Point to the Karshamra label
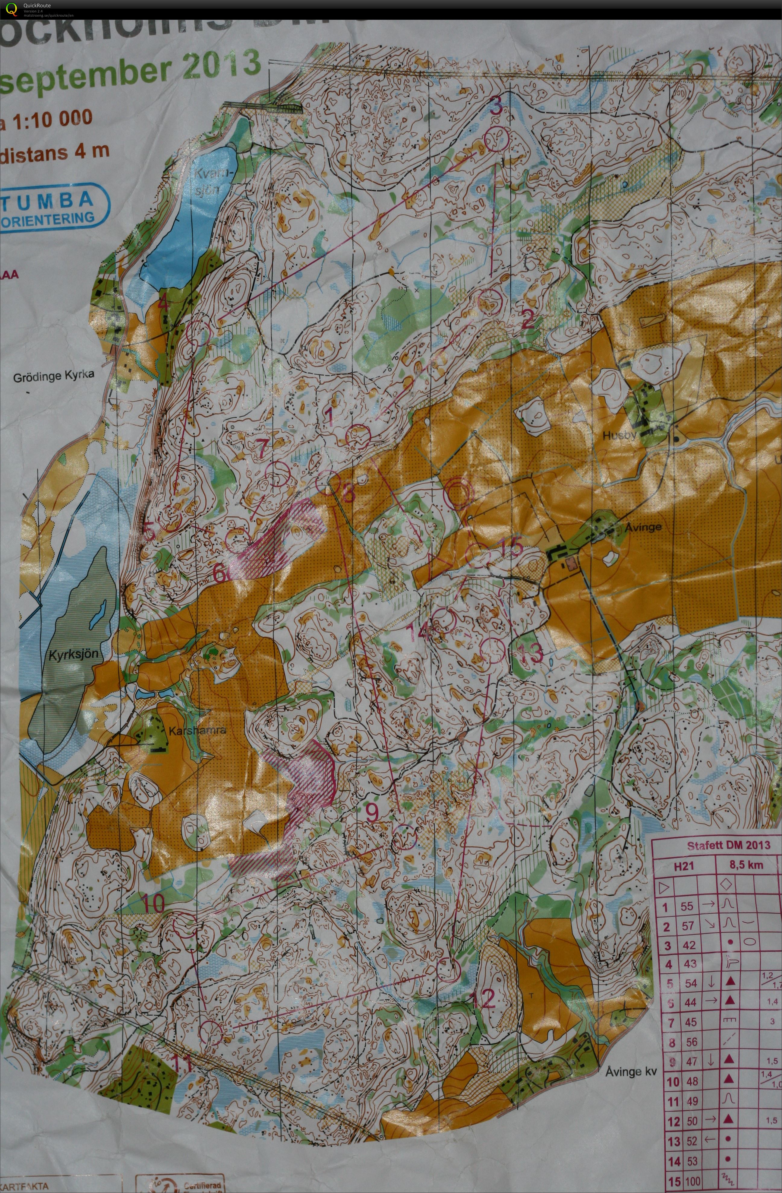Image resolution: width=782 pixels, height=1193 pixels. pos(197,730)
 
